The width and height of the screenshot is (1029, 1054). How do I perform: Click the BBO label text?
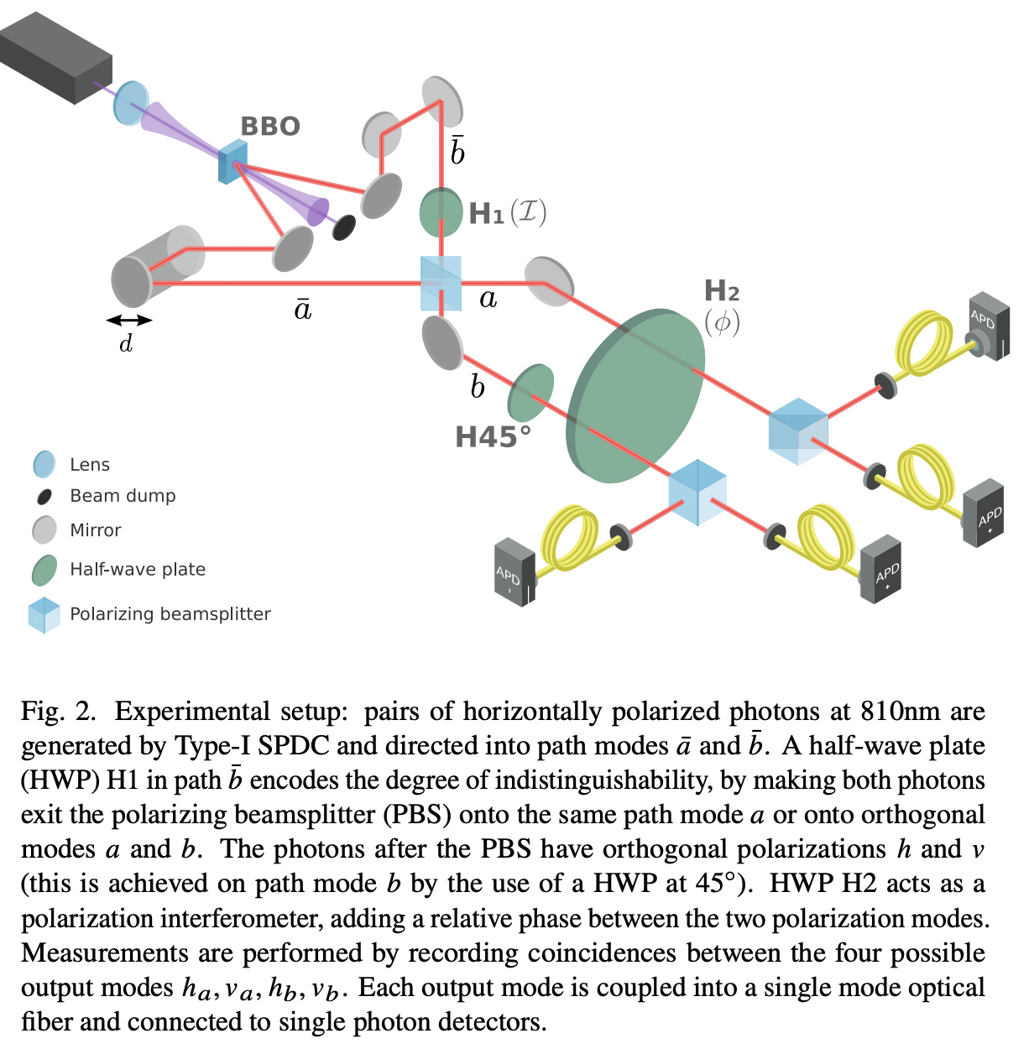pyautogui.click(x=270, y=127)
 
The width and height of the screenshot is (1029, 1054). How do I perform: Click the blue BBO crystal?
pyautogui.click(x=232, y=162)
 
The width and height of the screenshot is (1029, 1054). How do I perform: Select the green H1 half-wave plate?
pyautogui.click(x=441, y=212)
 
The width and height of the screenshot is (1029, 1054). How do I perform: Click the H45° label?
pyautogui.click(x=493, y=437)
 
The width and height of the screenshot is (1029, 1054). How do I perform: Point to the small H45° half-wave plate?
pyautogui.click(x=530, y=393)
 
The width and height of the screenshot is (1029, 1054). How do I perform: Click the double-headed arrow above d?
pyautogui.click(x=129, y=320)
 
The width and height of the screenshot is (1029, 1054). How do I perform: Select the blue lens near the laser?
pyautogui.click(x=130, y=102)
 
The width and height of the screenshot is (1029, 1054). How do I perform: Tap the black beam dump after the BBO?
pyautogui.click(x=344, y=227)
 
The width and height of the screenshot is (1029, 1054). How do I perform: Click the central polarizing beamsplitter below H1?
pyautogui.click(x=441, y=284)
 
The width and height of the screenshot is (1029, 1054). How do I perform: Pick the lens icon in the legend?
pyautogui.click(x=44, y=464)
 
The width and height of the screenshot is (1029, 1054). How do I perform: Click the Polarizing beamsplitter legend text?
pyautogui.click(x=170, y=614)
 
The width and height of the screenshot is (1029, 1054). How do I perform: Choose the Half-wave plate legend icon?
pyautogui.click(x=44, y=570)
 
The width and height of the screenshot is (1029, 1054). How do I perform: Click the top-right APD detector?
pyautogui.click(x=989, y=326)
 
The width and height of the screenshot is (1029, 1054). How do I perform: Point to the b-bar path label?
pyautogui.click(x=457, y=149)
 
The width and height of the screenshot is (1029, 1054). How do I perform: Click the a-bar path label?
pyautogui.click(x=303, y=309)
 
